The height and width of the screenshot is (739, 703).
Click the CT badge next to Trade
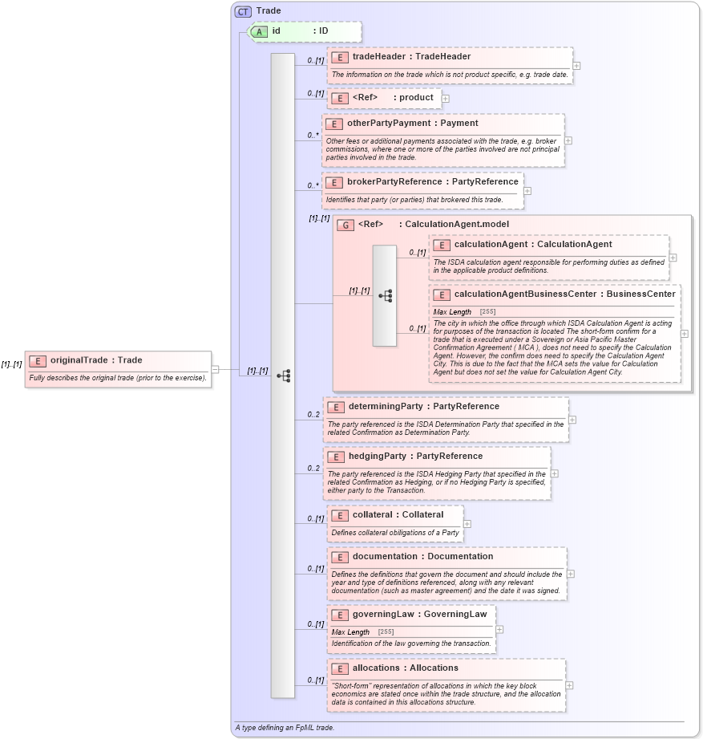(x=243, y=11)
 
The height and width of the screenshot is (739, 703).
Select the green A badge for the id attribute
(x=259, y=31)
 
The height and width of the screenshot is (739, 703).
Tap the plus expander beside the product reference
(x=446, y=98)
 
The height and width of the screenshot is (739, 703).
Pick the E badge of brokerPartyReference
(x=334, y=182)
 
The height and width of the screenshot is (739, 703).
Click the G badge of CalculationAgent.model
(x=345, y=225)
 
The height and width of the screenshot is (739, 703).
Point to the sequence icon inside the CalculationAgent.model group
(x=385, y=295)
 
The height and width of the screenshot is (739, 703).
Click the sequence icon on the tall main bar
(x=283, y=375)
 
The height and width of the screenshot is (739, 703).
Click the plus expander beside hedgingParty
(x=555, y=473)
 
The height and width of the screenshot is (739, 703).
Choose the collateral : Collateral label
(x=398, y=515)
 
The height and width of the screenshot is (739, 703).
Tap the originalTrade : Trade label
(x=96, y=361)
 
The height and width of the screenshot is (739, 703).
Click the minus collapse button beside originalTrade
(x=215, y=369)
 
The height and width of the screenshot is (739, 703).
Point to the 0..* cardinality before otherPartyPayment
(x=313, y=136)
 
